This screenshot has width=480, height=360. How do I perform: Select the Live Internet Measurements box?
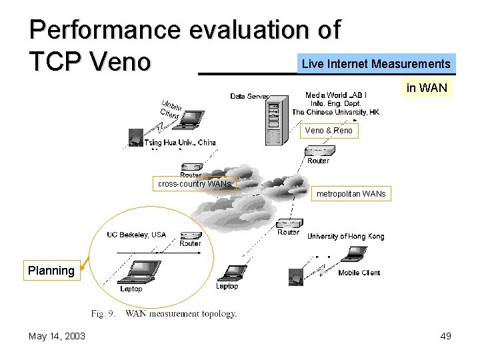pos(376,64)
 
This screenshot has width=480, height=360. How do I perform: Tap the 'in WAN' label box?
pos(427,88)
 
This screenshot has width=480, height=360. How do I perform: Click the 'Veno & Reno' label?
pos(329,131)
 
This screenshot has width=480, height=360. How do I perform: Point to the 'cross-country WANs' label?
pos(195,183)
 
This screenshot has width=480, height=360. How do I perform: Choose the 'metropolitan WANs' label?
pos(351,194)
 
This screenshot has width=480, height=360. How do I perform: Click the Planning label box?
pos(51,271)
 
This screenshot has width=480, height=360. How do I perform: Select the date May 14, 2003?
pos(57,336)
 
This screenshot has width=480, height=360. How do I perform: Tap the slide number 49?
pos(445,336)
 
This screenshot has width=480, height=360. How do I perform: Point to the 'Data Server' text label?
pos(249,97)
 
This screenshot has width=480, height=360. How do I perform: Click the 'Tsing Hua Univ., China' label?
pos(180,143)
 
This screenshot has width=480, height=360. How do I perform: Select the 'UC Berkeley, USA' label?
pos(137,235)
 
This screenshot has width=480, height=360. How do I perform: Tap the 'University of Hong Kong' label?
pos(345,236)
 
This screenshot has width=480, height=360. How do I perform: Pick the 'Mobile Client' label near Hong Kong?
pos(359,273)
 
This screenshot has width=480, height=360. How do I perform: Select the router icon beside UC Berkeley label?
pos(191,235)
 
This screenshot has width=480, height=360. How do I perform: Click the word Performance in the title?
pos(105,30)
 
